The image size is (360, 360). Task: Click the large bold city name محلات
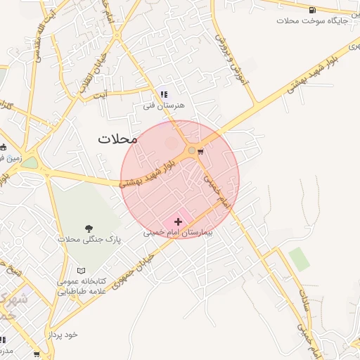pyautogui.click(x=118, y=139)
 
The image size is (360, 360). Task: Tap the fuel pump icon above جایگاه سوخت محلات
pyautogui.click(x=312, y=10)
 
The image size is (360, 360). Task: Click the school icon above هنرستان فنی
pyautogui.click(x=164, y=94)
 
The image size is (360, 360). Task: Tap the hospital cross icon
pyautogui.click(x=177, y=221)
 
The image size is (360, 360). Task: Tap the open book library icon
pyautogui.click(x=82, y=270)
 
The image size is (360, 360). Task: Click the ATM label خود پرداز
pyautogui.click(x=62, y=335)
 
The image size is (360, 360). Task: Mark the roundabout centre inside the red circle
pyautogui.click(x=191, y=150)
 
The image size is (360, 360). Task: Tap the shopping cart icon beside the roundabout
pyautogui.click(x=201, y=150)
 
